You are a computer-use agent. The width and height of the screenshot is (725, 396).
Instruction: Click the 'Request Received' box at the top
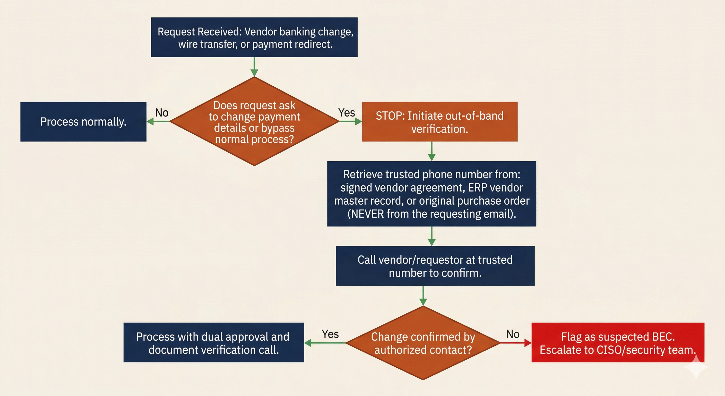(254, 37)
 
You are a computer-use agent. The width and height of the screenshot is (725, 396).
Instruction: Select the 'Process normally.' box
(83, 121)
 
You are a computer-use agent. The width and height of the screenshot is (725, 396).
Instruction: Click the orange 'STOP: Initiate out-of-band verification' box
(440, 121)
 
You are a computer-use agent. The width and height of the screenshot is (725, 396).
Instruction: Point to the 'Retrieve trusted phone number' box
(431, 194)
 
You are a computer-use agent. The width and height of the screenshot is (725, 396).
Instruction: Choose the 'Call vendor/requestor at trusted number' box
(435, 266)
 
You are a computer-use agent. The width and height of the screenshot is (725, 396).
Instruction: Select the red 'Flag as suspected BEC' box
(618, 342)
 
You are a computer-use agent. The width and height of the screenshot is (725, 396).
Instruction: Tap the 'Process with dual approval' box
(214, 342)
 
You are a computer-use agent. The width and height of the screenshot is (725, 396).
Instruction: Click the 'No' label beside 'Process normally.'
(162, 113)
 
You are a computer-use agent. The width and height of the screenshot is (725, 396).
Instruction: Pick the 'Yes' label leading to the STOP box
(347, 112)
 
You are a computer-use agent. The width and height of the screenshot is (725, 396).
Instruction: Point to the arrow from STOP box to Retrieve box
(431, 151)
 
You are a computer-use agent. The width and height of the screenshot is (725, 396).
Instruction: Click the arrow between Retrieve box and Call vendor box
(431, 236)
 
